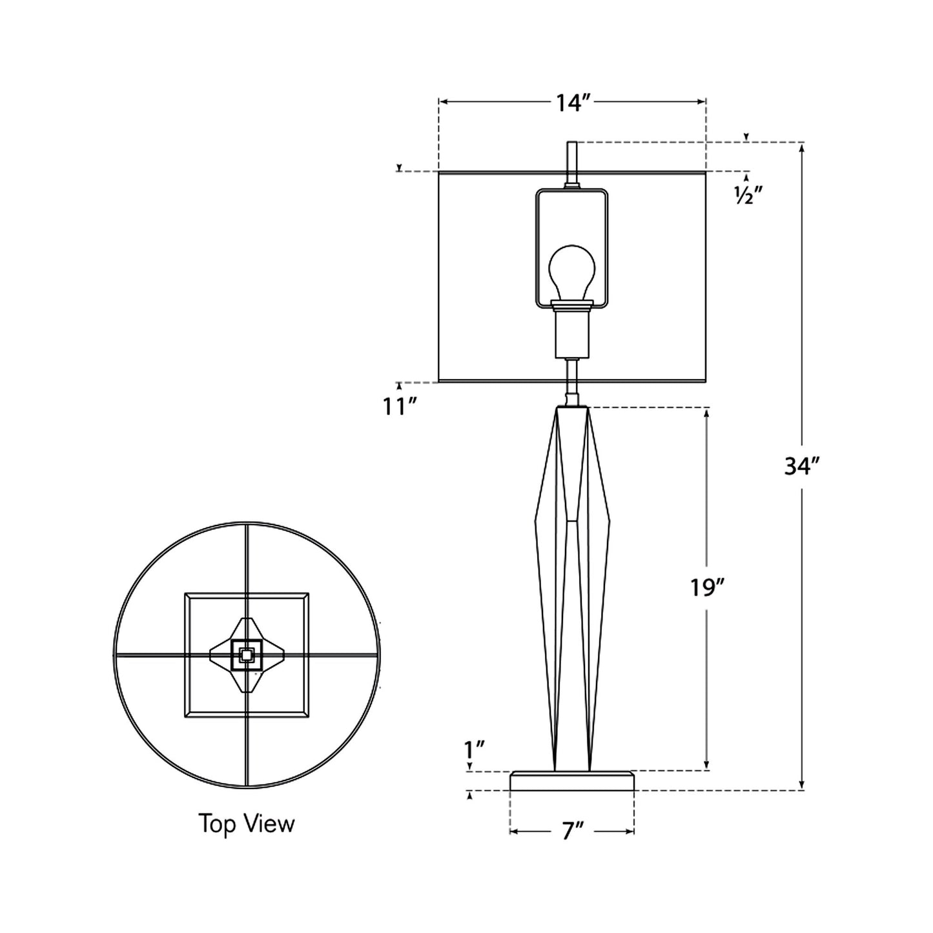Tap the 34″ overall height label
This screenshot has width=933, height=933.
pos(801,466)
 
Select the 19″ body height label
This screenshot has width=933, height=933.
pos(707,587)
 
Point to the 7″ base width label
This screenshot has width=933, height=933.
pos(571,832)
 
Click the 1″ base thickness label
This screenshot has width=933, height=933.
pos(475,750)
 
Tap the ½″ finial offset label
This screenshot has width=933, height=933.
pos(748,196)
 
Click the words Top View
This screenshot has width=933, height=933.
pos(246,824)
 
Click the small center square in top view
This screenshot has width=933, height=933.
pos(246,655)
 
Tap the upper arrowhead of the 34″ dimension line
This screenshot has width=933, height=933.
pos(802,148)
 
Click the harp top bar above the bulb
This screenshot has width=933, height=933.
pos(572,190)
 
